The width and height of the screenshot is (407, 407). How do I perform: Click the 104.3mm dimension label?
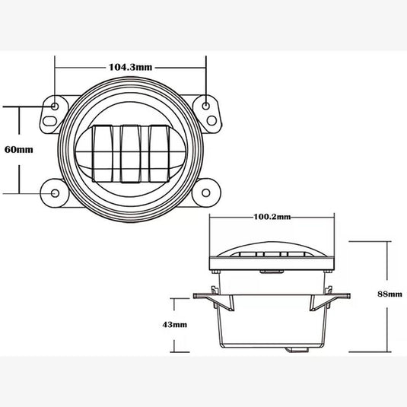pos(128,67)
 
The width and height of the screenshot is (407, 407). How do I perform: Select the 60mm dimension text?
pos(18,149)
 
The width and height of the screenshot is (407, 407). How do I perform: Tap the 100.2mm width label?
pos(273,219)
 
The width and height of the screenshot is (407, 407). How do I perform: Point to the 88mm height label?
pos(389,293)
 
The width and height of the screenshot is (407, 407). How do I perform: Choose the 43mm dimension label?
pos(175,325)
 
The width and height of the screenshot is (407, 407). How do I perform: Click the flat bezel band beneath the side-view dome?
pos(273,265)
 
